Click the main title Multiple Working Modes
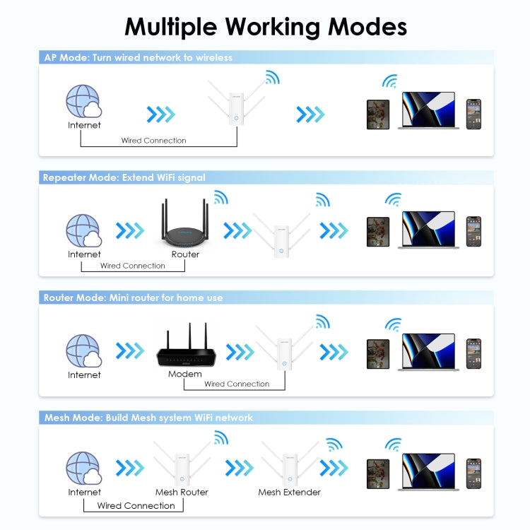(x=265, y=26)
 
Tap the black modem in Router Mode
(x=185, y=351)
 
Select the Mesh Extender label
(x=289, y=492)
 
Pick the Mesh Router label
(x=182, y=492)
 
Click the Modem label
(x=185, y=374)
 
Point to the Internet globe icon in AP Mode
(x=83, y=102)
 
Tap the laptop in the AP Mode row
(x=428, y=110)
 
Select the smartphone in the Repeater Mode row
(x=473, y=231)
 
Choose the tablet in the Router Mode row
(x=378, y=354)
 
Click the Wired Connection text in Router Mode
(x=237, y=384)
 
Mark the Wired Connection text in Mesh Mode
(x=136, y=505)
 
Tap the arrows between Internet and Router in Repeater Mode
(x=129, y=230)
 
